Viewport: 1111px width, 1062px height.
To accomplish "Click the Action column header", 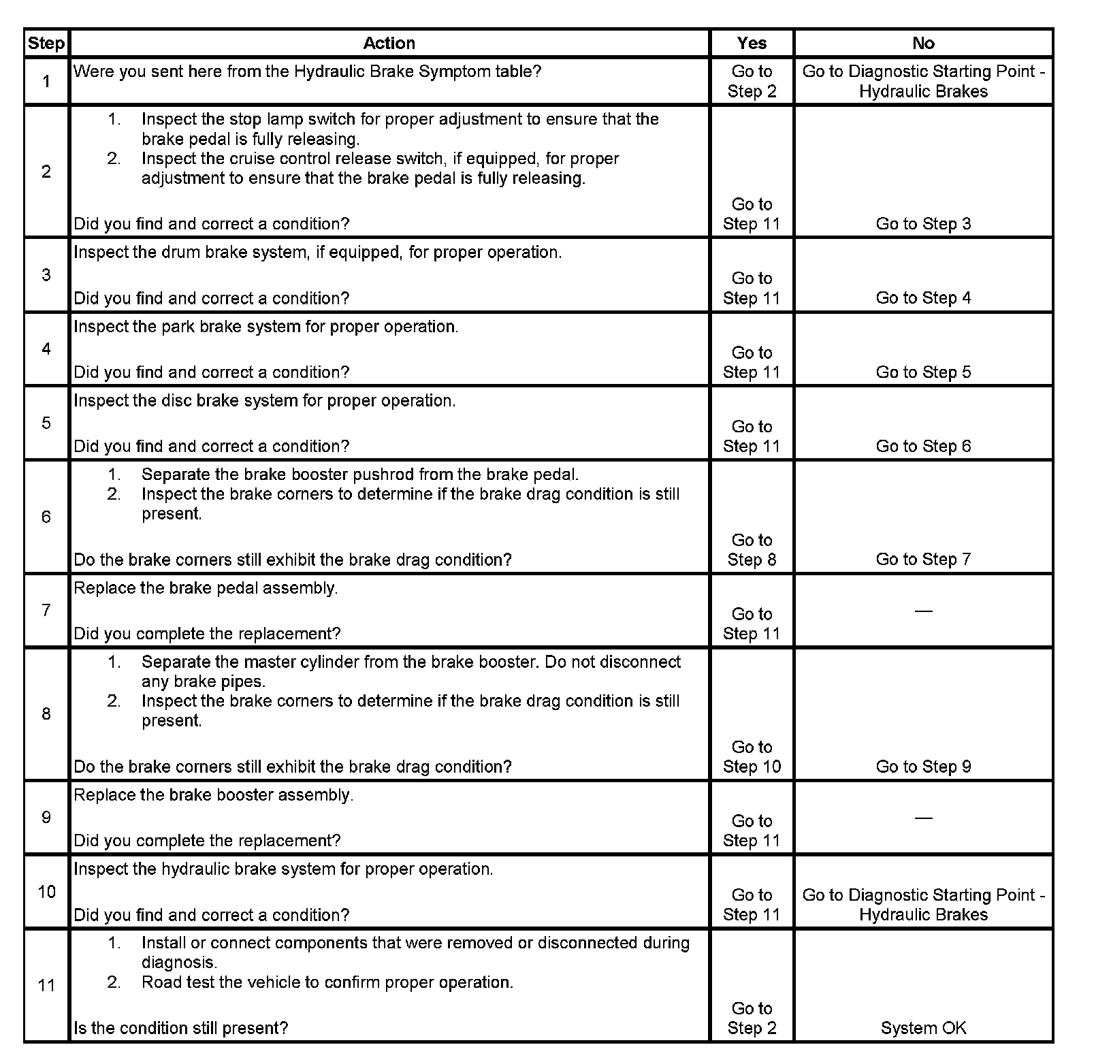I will (x=389, y=44).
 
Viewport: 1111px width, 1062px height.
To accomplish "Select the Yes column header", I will (x=752, y=44).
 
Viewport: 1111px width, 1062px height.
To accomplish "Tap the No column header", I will (x=923, y=44).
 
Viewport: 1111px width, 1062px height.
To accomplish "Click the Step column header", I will (x=46, y=44).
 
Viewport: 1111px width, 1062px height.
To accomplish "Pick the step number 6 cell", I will (x=46, y=517).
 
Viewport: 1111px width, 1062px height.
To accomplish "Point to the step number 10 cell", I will (x=46, y=891).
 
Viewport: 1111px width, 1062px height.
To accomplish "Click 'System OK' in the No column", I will (x=923, y=1028).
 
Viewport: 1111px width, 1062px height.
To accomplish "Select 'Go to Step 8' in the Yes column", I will (x=752, y=549).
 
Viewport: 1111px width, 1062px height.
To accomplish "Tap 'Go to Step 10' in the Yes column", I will (x=752, y=756).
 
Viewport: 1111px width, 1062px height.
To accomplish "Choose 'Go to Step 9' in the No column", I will (x=923, y=767).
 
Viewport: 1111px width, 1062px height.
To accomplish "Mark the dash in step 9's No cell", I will (x=923, y=818).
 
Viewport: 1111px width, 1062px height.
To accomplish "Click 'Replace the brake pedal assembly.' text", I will (x=206, y=588).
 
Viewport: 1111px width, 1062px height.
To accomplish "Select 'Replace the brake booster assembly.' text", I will (x=213, y=795).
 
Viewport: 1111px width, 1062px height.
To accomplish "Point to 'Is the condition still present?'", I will (x=180, y=1028).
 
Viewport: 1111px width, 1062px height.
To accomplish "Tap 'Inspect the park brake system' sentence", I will (x=265, y=327).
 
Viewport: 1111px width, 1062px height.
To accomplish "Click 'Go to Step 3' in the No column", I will (x=923, y=224).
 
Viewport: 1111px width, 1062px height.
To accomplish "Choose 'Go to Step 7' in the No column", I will (x=923, y=560).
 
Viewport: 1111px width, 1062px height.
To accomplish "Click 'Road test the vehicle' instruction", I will (x=327, y=982).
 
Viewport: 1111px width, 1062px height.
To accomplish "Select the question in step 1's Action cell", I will (x=307, y=71).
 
